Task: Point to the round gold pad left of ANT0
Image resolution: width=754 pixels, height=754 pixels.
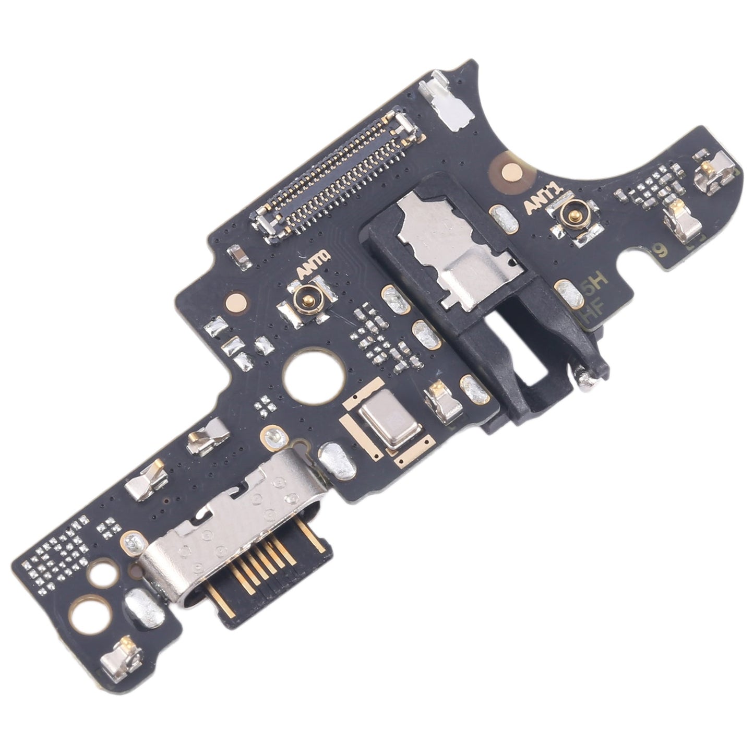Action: point(237,300)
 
